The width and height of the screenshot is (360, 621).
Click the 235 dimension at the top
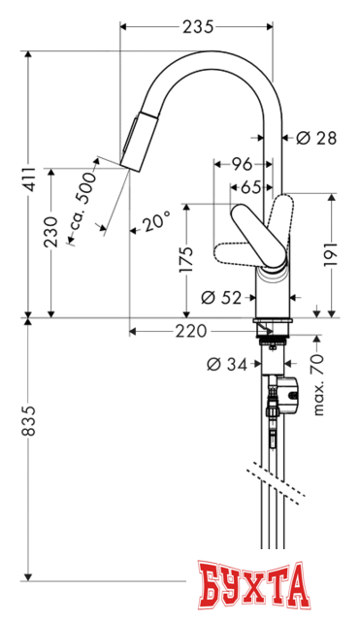click(197, 27)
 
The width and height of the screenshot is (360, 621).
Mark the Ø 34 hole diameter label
click(227, 365)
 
